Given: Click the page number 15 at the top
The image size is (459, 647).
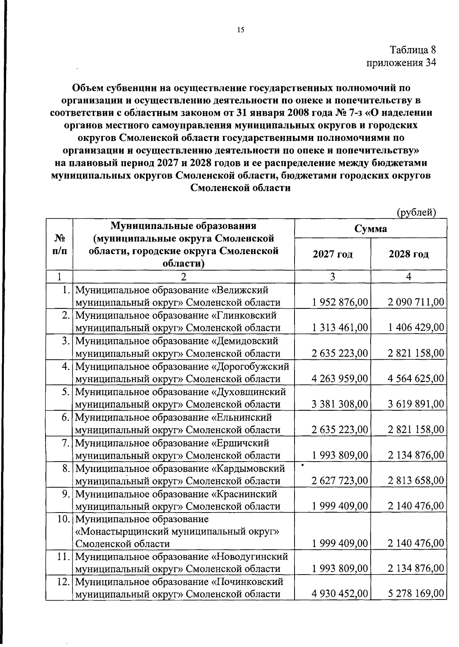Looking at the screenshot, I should click(241, 30).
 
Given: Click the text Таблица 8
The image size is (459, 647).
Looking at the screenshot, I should click(413, 50).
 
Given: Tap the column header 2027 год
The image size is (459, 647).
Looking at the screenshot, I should click(332, 254).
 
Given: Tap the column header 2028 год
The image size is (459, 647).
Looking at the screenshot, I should click(409, 254).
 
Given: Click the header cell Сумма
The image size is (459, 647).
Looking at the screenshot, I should click(370, 229).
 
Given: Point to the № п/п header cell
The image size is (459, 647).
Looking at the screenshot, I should click(59, 244).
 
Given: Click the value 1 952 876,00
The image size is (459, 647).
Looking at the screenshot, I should click(340, 302).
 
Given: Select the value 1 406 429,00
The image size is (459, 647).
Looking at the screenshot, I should click(416, 328).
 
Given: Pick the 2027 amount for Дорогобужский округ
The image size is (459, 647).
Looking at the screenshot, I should click(340, 379).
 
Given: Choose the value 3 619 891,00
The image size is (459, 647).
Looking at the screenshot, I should click(416, 404).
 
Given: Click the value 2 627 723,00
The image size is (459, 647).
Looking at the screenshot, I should click(340, 481).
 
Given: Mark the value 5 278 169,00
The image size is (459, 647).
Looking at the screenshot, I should click(416, 594).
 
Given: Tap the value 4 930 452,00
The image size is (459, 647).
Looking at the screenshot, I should click(340, 594).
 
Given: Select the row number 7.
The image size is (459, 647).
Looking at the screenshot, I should click(65, 443).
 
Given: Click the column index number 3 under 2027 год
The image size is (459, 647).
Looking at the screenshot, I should click(332, 277).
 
